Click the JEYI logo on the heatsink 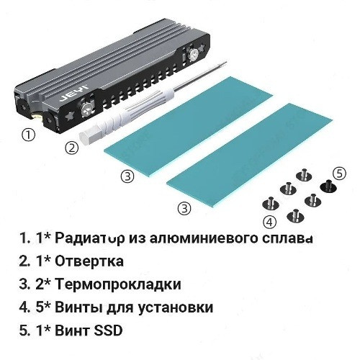click(x=74, y=92)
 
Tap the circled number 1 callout click(x=29, y=135)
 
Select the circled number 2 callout click(x=72, y=148)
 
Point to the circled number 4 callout click(x=270, y=222)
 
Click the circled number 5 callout click(x=340, y=174)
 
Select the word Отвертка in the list click(x=89, y=261)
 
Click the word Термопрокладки click(x=118, y=284)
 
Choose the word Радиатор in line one click(x=89, y=238)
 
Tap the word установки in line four click(x=176, y=307)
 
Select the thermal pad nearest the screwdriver click(x=188, y=127)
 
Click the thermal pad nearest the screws click(x=250, y=156)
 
